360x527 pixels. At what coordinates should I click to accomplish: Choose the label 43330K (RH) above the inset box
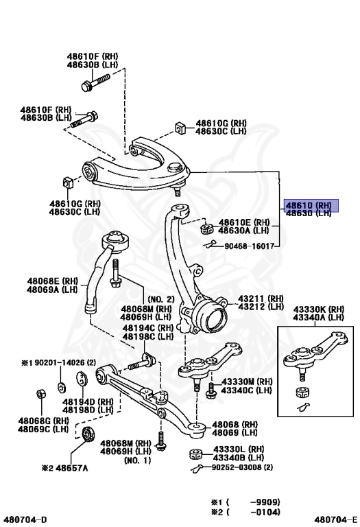(318, 309)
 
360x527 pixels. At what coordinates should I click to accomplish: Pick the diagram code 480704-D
(26, 519)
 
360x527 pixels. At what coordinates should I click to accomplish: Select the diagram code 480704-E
(336, 519)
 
